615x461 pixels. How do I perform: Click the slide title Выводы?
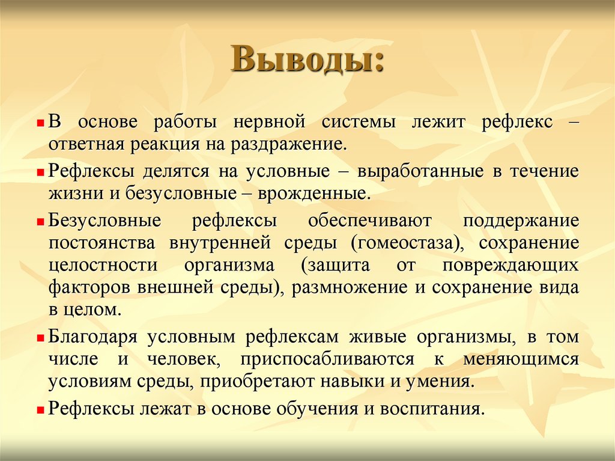307,61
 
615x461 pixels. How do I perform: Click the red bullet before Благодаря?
40,338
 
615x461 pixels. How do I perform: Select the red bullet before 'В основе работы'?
40,123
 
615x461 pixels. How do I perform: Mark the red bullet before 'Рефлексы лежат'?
40,409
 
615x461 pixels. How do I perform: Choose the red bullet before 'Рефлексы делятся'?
40,172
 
